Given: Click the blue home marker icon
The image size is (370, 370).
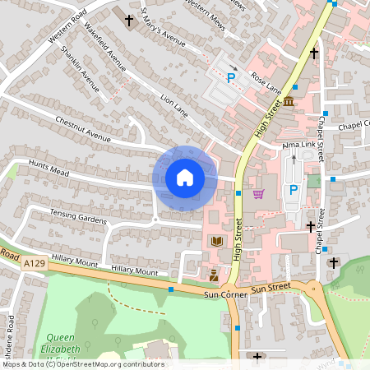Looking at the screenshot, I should tap(184, 178).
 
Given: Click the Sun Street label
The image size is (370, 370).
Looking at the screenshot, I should tap(271, 289).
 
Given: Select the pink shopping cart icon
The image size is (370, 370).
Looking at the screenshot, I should tap(259, 194).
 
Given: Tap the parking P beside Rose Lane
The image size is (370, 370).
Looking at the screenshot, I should tap(231, 79).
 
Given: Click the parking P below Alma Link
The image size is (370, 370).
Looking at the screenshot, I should tap(293, 190).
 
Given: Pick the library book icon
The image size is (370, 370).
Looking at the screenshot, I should tap(217, 241).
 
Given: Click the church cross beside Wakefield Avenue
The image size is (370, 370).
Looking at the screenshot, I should tap(128, 19).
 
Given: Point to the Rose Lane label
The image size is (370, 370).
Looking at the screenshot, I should tap(266, 81).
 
